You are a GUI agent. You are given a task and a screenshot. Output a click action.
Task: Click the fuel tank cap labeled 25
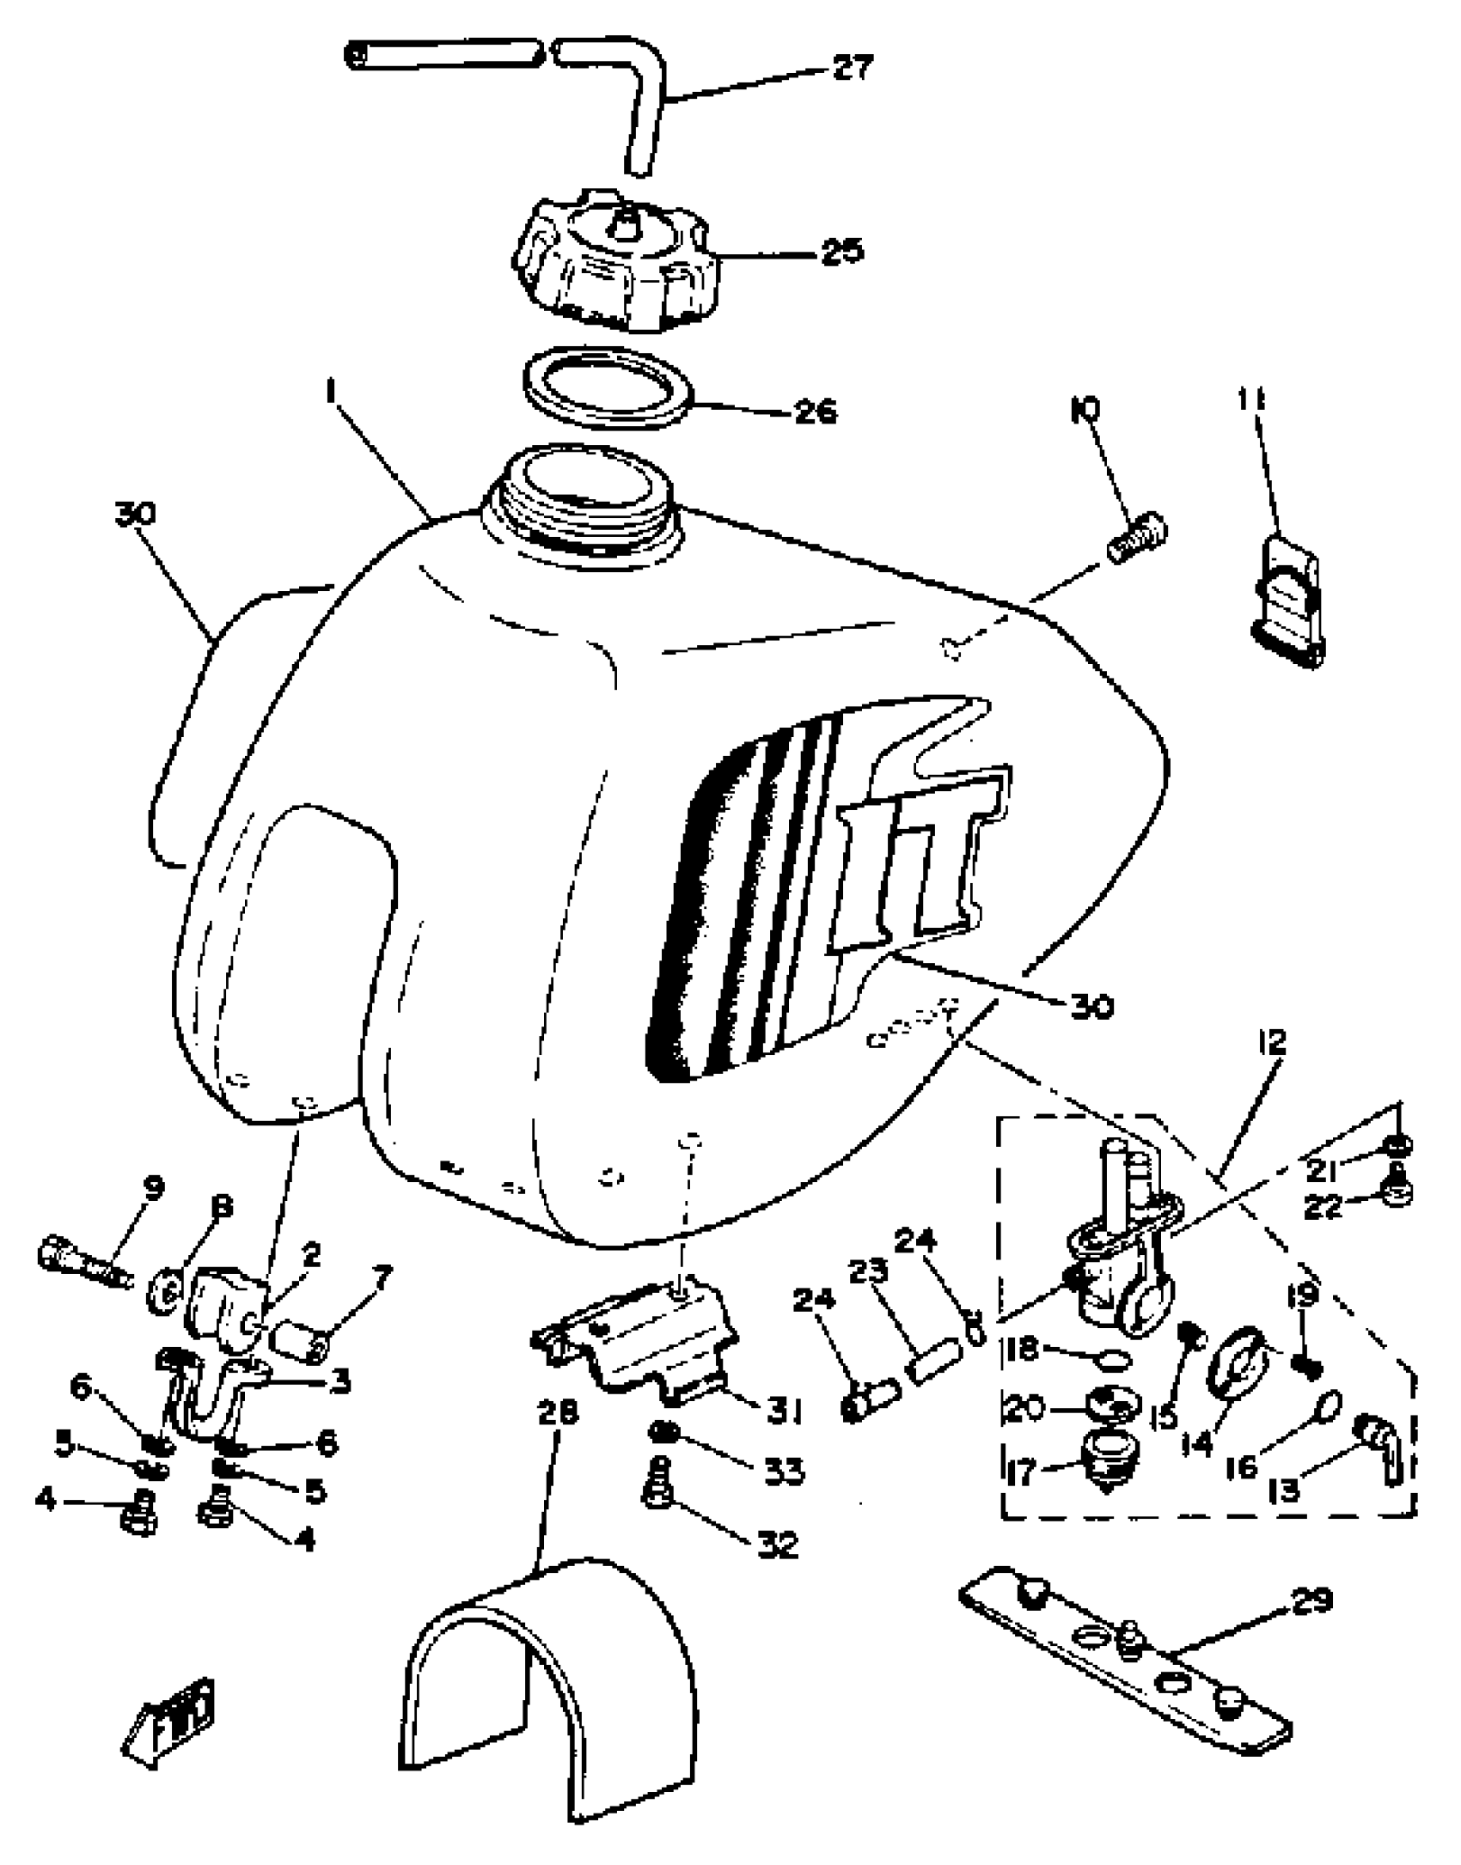(x=614, y=262)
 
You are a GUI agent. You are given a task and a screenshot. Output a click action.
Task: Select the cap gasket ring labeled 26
(x=608, y=386)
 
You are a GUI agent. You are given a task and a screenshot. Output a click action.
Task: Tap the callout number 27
(x=852, y=67)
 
